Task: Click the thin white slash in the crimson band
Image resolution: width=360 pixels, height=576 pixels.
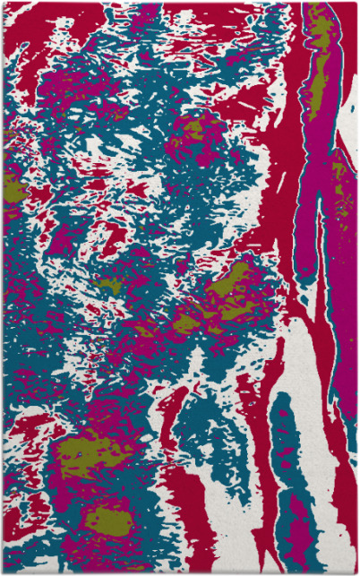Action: (280, 183)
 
